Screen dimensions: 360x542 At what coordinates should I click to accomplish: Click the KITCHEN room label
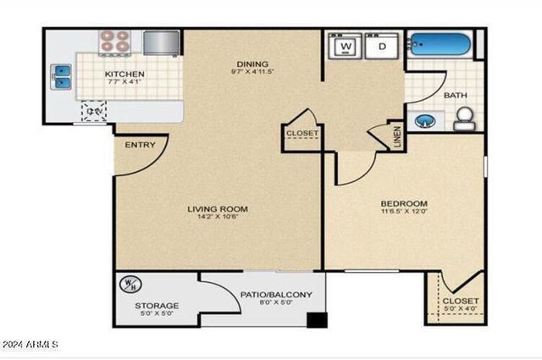coord(124,75)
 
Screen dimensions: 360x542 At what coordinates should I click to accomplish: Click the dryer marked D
coord(382,46)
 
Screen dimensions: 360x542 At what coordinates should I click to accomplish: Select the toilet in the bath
coord(463,121)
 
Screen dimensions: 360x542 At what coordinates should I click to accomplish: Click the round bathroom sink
coord(426,119)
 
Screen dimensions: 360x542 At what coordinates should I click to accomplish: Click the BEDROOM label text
coord(403,204)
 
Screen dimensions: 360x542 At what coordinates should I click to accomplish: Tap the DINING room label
coord(252,64)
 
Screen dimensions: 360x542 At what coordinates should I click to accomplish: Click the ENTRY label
coord(140,145)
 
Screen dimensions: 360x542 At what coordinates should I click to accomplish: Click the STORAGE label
coord(157,305)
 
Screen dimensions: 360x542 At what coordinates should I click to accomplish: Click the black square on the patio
coord(318,320)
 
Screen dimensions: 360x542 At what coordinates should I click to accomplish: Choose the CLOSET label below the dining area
coord(301,134)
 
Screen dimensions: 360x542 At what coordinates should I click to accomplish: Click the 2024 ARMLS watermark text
coord(30,345)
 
